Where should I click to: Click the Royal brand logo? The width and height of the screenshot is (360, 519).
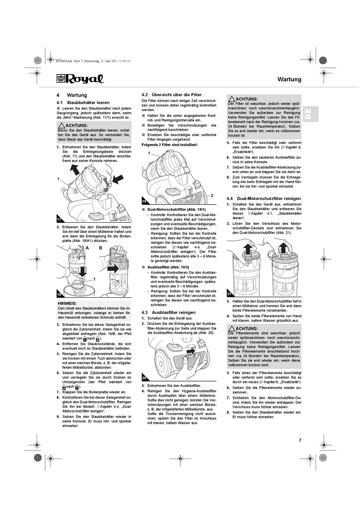point(80,78)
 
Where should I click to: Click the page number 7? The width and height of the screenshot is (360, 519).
point(300,440)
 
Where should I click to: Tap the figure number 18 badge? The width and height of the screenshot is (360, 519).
point(59,294)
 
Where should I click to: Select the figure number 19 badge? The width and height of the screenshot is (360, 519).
point(144,202)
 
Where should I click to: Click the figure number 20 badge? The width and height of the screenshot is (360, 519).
point(144,378)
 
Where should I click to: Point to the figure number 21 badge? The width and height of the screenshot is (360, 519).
point(229,294)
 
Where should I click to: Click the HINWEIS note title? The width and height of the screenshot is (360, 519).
point(67,303)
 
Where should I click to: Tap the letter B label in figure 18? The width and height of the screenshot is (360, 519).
point(101,248)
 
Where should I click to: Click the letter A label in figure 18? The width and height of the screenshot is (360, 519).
point(87,248)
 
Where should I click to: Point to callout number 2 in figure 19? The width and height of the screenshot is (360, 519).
point(212,195)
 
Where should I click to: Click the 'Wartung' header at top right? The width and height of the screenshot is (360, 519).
point(289,79)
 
